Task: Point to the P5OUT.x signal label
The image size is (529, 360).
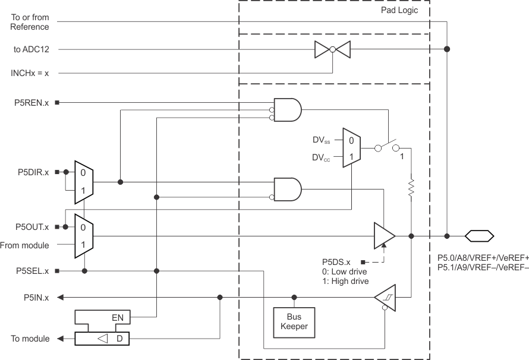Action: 31,227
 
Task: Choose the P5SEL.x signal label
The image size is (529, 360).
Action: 32,271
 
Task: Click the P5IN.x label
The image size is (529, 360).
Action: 35,297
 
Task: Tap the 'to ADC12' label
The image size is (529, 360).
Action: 31,50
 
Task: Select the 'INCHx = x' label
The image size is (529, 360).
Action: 30,74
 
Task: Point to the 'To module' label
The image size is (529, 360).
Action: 30,339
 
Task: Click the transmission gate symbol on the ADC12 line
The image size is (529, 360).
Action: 332,50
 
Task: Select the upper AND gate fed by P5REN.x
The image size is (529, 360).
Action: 287,110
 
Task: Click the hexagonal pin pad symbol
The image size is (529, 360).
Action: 478,236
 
